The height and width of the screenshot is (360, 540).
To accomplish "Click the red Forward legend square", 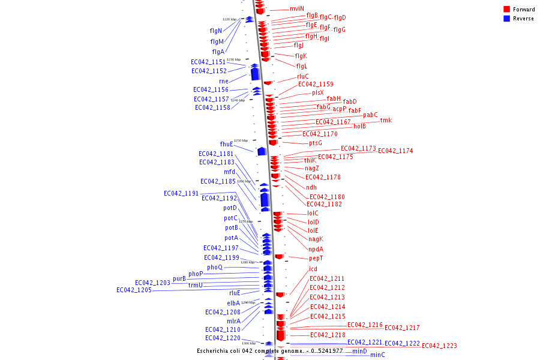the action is tap(507, 10).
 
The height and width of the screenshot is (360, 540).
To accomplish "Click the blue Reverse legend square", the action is tap(507, 19).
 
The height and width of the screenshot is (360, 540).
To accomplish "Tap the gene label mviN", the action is tap(297, 9).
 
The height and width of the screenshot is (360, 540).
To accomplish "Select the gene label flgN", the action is tap(216, 31).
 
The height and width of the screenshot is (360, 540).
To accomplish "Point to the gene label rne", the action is tap(224, 81).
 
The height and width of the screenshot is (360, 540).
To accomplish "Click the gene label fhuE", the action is tap(226, 144).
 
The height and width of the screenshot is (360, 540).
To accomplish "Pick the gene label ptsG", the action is tap(316, 143).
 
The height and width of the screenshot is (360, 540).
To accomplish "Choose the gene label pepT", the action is tap(316, 258).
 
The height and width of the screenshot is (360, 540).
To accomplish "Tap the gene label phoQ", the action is tap(215, 267).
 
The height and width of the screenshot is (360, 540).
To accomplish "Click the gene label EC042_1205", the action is tap(134, 290).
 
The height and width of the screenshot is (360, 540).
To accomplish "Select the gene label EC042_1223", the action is tap(439, 346).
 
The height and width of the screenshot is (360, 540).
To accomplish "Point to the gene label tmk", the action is tap(386, 121).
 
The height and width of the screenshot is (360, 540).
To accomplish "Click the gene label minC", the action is tap(377, 355).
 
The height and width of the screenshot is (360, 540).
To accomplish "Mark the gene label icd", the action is tap(313, 269).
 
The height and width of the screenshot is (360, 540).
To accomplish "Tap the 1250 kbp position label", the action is tap(241, 140).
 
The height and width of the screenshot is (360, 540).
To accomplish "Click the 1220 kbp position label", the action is tap(229, 19).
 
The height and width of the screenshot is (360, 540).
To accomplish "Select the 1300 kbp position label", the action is tap(249, 343).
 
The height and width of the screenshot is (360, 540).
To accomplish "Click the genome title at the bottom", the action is tap(270, 351).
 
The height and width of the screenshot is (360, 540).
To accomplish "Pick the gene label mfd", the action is tap(230, 172).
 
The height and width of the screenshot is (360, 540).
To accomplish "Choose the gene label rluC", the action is tap(303, 76).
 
